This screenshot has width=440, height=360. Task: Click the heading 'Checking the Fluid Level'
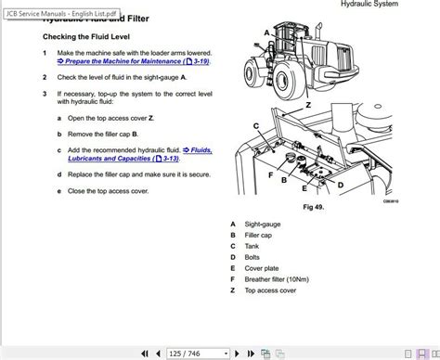point(86,36)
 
